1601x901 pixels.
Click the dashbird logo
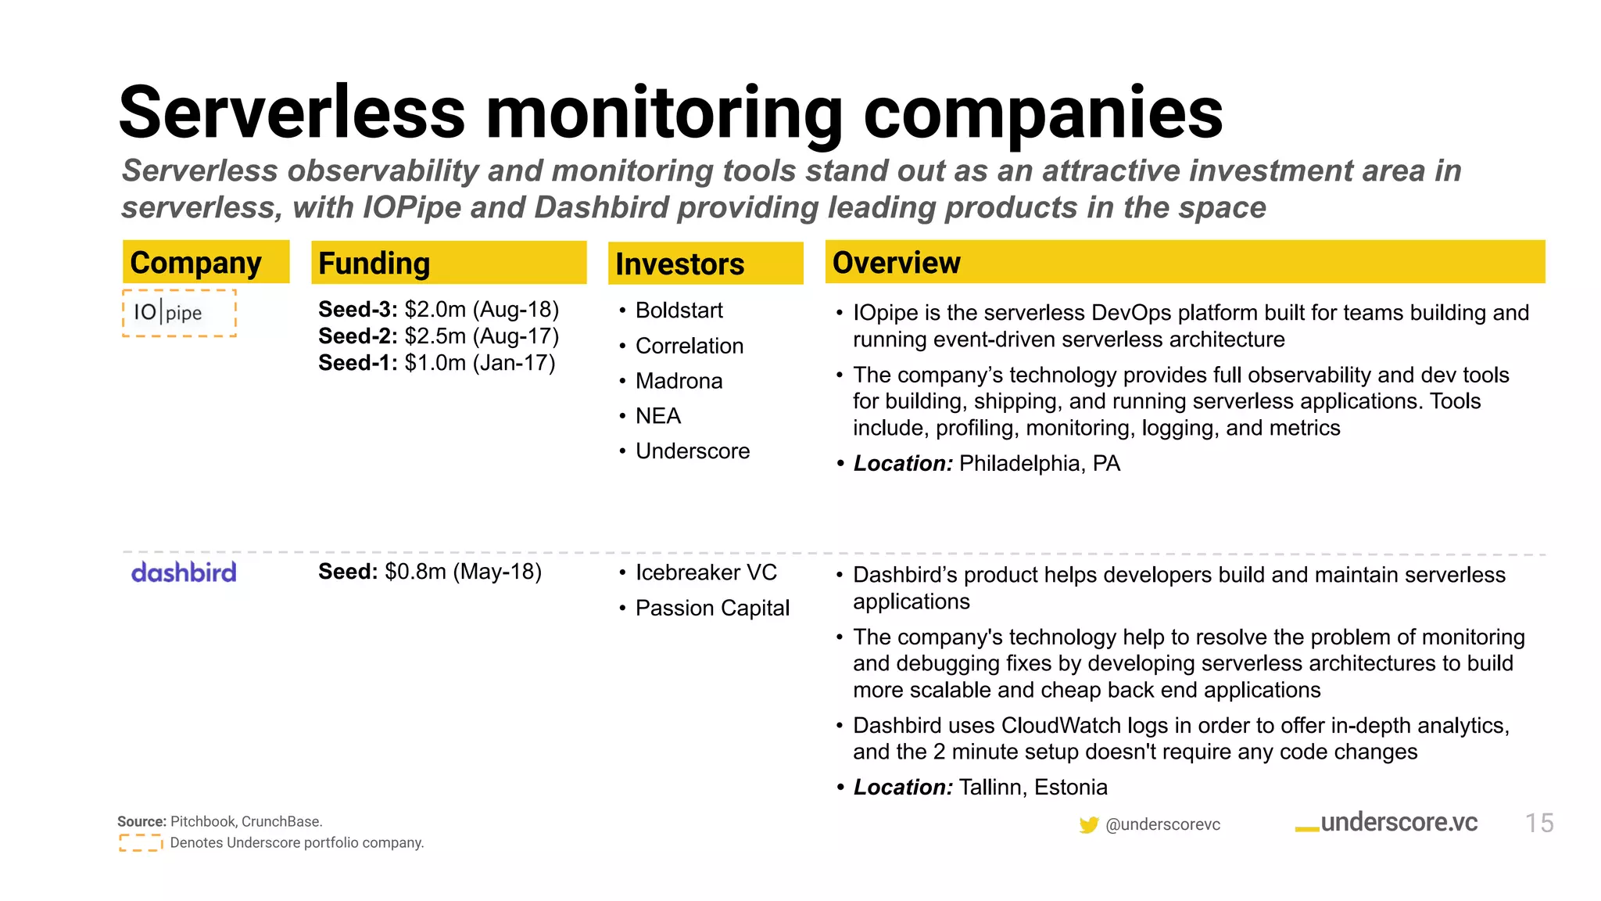click(x=184, y=573)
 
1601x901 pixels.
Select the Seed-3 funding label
click(x=357, y=310)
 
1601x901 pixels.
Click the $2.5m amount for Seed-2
click(x=435, y=336)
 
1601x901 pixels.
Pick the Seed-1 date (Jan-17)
click(x=514, y=363)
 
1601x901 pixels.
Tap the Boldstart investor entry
click(x=679, y=311)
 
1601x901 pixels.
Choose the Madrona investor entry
click(x=679, y=381)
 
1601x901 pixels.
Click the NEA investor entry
click(x=657, y=416)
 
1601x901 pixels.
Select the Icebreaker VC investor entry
click(x=706, y=573)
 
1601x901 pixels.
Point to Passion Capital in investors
click(x=712, y=608)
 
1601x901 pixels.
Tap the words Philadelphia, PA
click(x=1039, y=464)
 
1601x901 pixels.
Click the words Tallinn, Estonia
click(x=1033, y=787)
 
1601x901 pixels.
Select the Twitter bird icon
click(x=1088, y=825)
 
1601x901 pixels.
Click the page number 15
click(x=1538, y=823)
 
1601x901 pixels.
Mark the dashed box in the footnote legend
click(x=141, y=842)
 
